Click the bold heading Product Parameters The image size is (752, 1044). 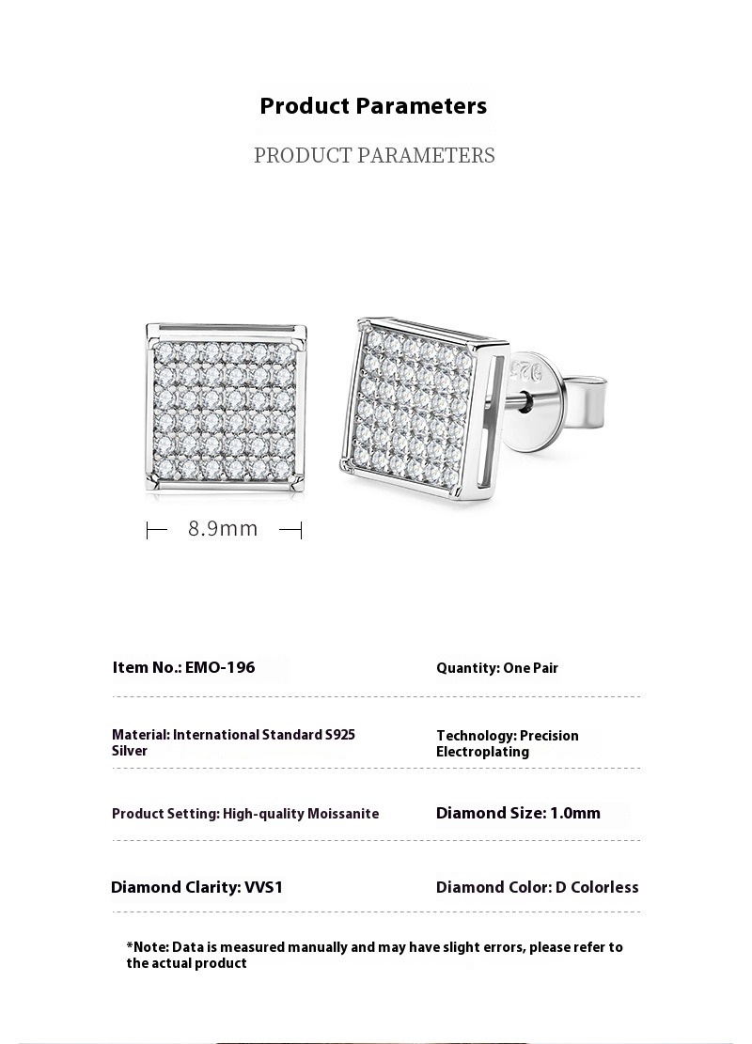point(373,106)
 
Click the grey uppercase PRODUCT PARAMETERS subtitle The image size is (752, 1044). point(374,156)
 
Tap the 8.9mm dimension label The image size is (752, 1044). point(223,528)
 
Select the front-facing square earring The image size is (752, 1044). point(227,408)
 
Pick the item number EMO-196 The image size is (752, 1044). point(220,667)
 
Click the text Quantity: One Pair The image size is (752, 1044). point(496,668)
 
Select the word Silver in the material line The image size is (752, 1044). point(130,751)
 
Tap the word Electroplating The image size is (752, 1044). point(482,752)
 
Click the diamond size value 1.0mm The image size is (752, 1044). point(575,813)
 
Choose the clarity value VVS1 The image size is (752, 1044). point(263,887)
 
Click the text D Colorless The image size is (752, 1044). point(597,887)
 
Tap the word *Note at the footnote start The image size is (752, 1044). point(147,947)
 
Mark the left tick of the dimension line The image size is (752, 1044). point(148,531)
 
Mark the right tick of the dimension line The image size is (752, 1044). point(301,531)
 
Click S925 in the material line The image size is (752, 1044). point(339,735)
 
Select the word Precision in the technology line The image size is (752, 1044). point(549,736)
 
